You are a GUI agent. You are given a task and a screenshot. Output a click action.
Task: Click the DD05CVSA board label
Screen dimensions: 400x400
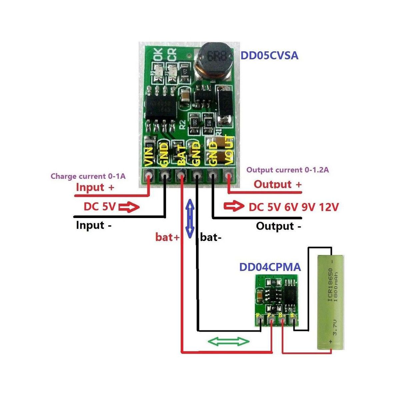[x=269, y=55]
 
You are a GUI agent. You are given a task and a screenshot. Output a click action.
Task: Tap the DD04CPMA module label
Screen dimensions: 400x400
[x=270, y=267]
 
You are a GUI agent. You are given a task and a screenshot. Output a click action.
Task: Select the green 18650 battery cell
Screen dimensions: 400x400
[x=330, y=302]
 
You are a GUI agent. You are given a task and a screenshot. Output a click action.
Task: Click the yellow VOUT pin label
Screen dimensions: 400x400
[x=229, y=150]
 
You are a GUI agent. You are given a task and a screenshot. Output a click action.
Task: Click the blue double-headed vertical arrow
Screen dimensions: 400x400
[x=190, y=218]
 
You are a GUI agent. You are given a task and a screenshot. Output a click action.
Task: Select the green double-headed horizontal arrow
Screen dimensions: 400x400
[x=229, y=341]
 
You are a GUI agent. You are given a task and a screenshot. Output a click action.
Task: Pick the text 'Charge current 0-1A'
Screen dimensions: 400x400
[x=88, y=176]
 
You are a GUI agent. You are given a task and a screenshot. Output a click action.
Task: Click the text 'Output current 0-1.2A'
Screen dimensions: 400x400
[x=287, y=170]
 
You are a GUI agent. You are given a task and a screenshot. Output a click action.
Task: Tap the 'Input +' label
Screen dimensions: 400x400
[x=95, y=187]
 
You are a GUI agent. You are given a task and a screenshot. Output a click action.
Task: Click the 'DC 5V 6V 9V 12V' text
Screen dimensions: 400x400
[x=293, y=207]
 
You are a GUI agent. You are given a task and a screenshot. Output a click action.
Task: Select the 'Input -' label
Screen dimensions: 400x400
[x=94, y=225]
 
